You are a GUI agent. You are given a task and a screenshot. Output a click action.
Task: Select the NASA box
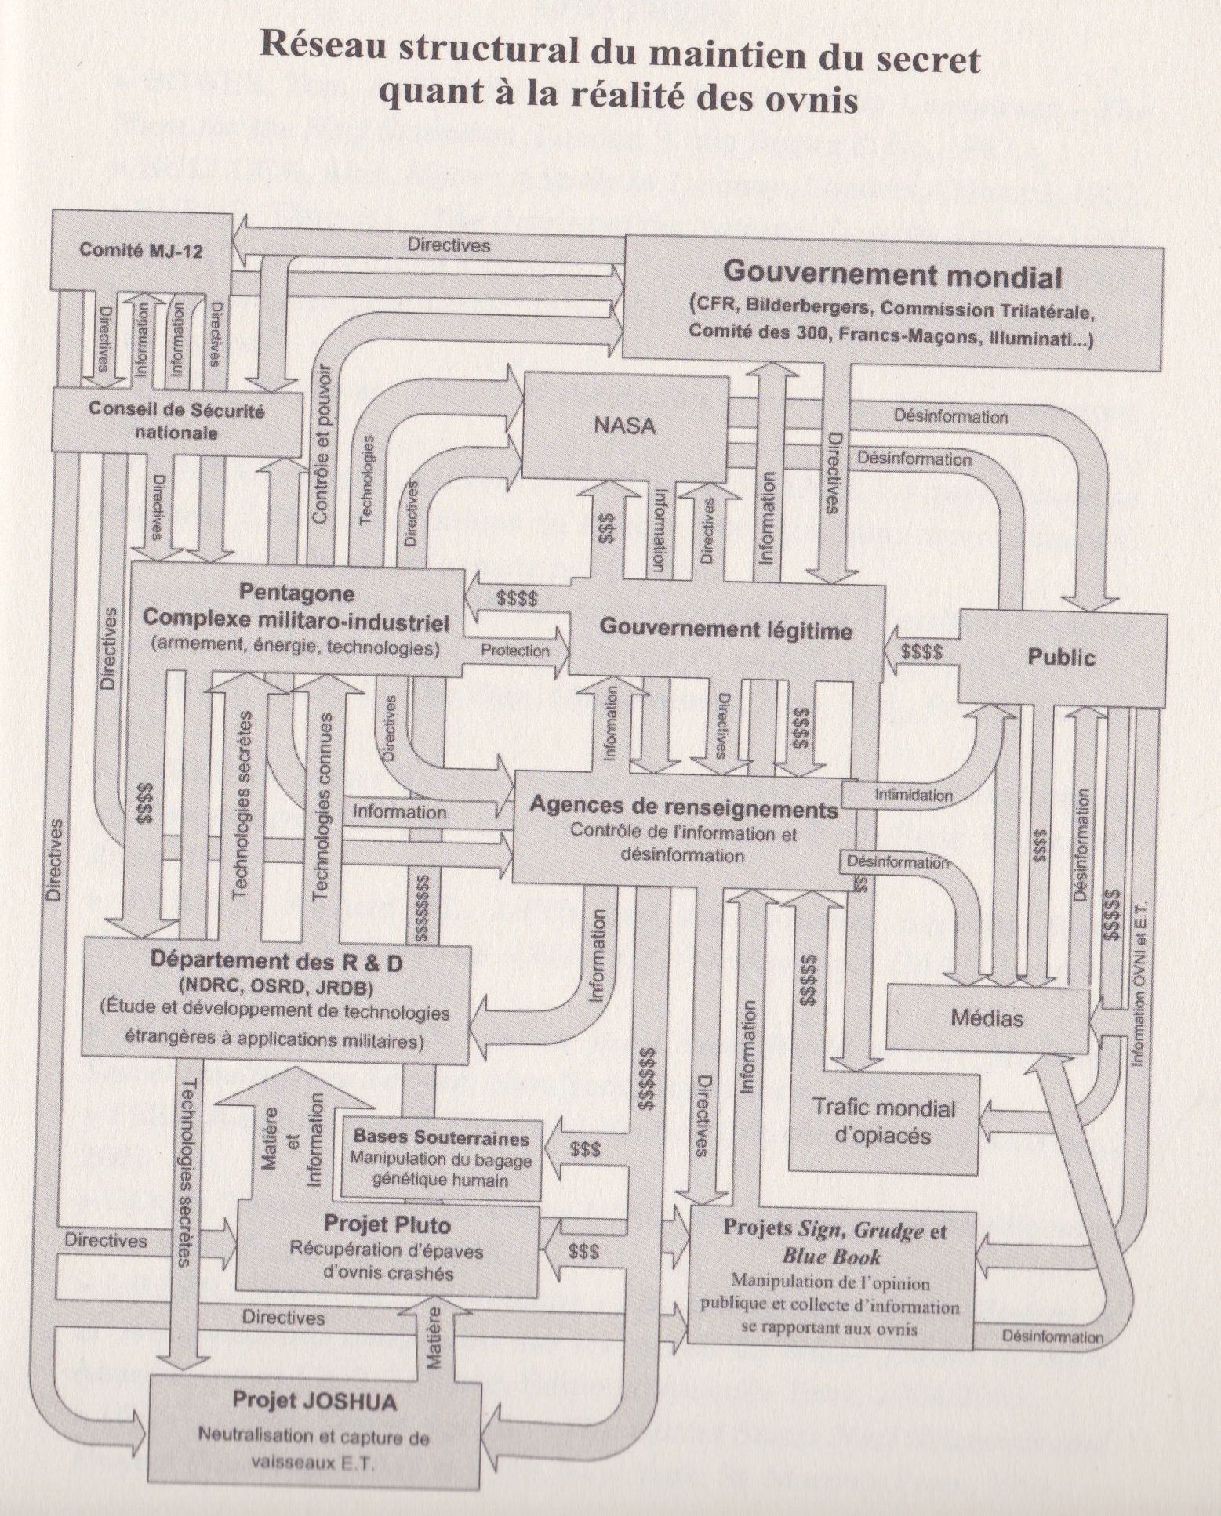click(624, 426)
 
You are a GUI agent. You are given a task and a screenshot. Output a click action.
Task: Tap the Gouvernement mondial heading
click(892, 275)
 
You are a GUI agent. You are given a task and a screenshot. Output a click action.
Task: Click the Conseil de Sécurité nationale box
click(176, 421)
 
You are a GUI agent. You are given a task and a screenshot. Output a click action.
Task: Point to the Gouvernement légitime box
click(725, 629)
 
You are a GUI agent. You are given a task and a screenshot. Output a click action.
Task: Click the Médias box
click(987, 1017)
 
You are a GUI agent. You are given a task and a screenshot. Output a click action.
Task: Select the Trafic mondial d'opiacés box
click(883, 1122)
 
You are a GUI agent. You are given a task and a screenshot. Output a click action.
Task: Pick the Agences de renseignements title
click(683, 807)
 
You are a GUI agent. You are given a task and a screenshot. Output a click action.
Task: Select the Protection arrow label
click(514, 651)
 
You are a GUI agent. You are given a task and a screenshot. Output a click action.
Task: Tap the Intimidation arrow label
click(914, 795)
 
